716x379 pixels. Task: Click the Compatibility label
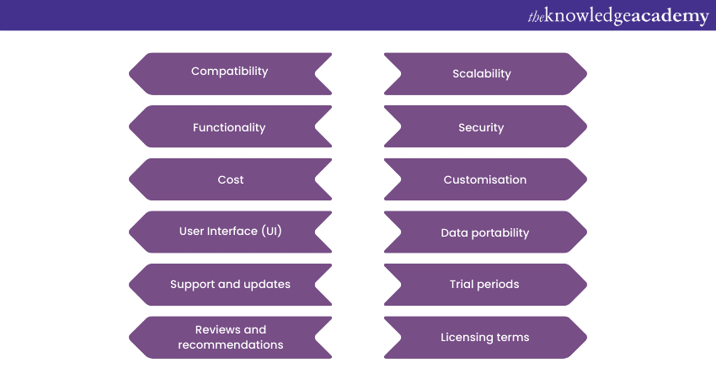tap(229, 72)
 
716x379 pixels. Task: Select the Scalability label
tap(482, 74)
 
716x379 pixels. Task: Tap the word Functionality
tap(229, 128)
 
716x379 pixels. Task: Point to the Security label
tap(481, 128)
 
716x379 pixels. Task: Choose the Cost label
tap(231, 180)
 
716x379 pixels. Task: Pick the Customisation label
tap(485, 180)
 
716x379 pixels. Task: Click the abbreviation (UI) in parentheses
tap(272, 231)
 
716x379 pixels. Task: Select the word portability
tap(500, 233)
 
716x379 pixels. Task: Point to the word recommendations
tap(231, 344)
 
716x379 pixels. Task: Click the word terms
tap(513, 338)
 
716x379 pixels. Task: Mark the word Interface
tap(232, 231)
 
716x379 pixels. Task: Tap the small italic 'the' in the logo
tap(536, 17)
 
